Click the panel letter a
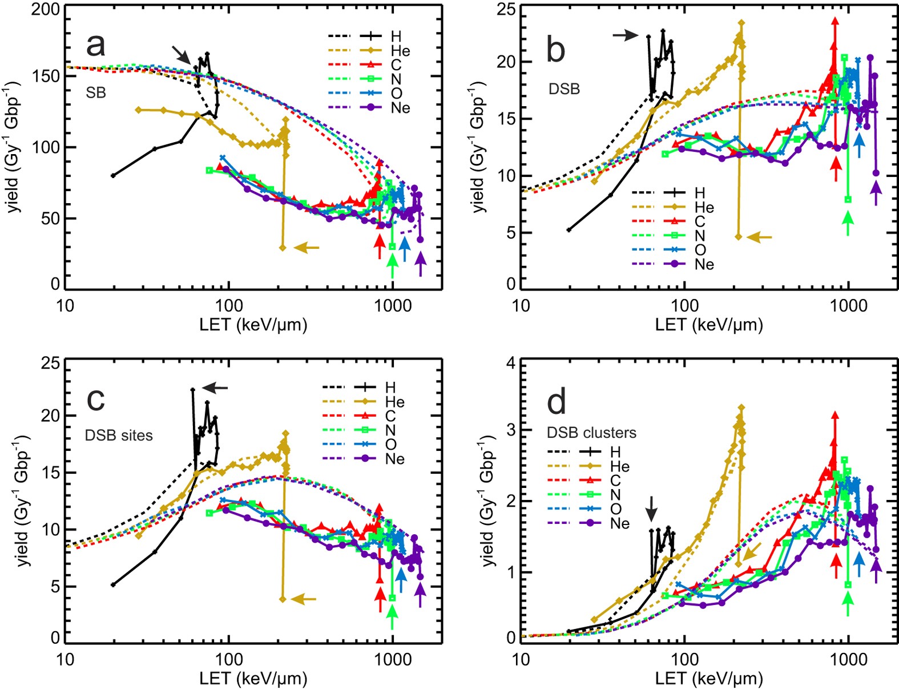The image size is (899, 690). (96, 45)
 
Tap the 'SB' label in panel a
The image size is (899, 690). (96, 92)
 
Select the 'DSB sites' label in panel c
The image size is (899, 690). (119, 435)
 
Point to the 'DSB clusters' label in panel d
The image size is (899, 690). (591, 433)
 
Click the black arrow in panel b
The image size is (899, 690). (626, 35)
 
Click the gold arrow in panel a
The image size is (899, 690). (307, 248)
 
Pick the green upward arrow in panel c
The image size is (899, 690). (392, 616)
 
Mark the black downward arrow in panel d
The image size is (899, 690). (651, 508)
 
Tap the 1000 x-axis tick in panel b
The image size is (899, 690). (848, 306)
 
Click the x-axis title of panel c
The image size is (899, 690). (253, 679)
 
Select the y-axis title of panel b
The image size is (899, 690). (478, 147)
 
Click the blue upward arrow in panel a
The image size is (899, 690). (404, 249)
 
